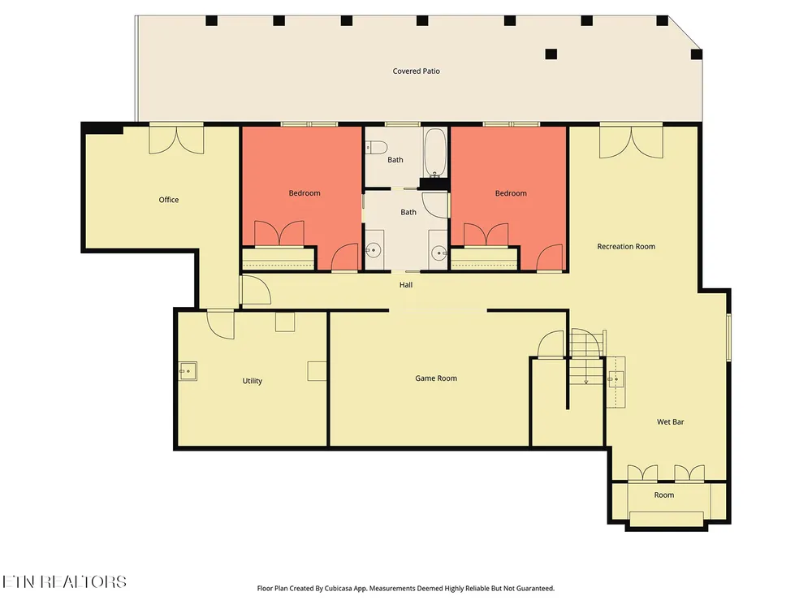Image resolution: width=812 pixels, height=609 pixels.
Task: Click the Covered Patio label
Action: (x=416, y=71)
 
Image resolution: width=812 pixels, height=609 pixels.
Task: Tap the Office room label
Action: (x=169, y=200)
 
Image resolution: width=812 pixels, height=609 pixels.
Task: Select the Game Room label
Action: (x=436, y=378)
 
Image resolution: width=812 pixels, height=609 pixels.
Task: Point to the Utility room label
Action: (x=253, y=381)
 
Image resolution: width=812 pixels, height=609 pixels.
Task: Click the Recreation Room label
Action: (x=626, y=247)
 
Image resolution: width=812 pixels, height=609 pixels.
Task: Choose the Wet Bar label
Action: (x=670, y=421)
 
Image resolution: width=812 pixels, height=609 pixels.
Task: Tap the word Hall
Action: (x=406, y=284)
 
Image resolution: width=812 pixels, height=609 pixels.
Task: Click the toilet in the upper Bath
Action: (x=374, y=148)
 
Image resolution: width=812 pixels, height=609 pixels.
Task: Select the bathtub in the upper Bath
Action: (x=435, y=153)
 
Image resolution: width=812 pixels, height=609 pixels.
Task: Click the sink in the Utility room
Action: (x=188, y=371)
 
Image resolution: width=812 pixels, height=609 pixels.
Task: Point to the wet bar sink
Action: (x=615, y=379)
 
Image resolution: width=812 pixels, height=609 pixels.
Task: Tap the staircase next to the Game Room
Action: (x=587, y=357)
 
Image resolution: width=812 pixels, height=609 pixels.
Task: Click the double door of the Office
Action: (x=176, y=140)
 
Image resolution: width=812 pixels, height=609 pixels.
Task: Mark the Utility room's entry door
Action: (x=221, y=325)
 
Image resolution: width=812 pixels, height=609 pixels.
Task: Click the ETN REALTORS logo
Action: (x=64, y=581)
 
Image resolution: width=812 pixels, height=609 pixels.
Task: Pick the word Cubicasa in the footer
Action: (x=339, y=588)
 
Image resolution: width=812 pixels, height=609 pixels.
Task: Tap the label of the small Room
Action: (x=664, y=495)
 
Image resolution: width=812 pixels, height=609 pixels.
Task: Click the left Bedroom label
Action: (x=304, y=192)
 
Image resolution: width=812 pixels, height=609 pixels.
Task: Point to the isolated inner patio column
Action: (x=551, y=54)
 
